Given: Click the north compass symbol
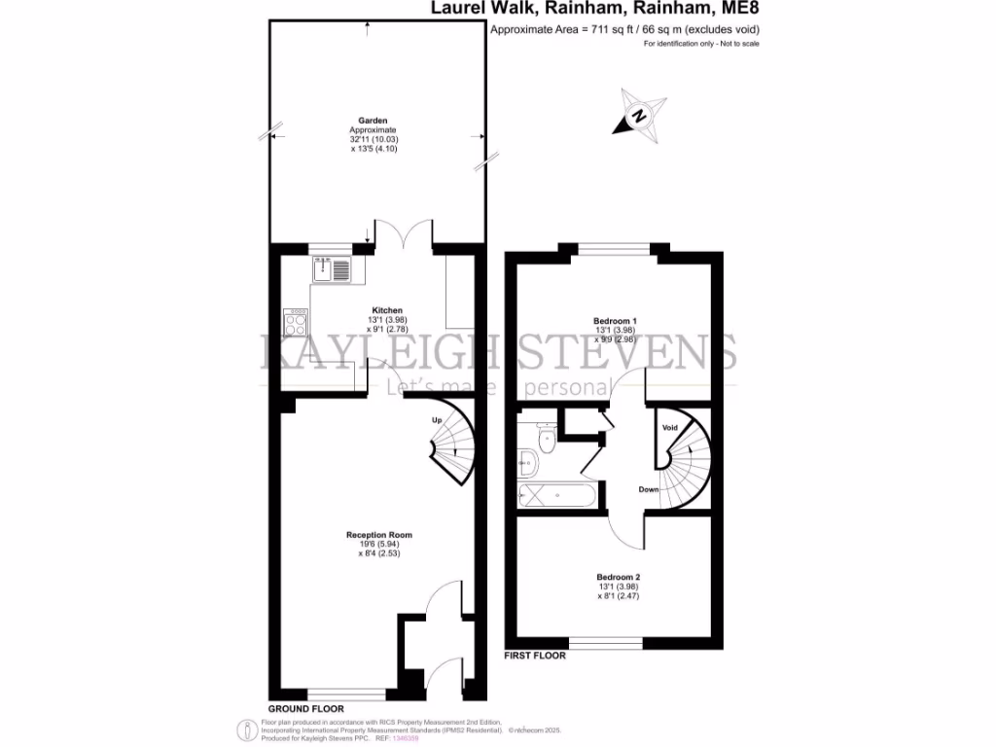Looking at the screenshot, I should tap(640, 115).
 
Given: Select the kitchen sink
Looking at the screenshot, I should tap(332, 268).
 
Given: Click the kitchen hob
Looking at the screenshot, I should tap(296, 322).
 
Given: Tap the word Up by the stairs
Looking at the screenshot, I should tap(437, 420).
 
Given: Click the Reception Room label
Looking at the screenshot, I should tap(379, 535).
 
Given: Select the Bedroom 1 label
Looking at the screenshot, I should tap(615, 320).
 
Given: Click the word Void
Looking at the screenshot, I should tap(670, 428).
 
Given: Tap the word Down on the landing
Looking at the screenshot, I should tap(650, 489).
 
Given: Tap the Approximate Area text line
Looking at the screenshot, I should tap(624, 29).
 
